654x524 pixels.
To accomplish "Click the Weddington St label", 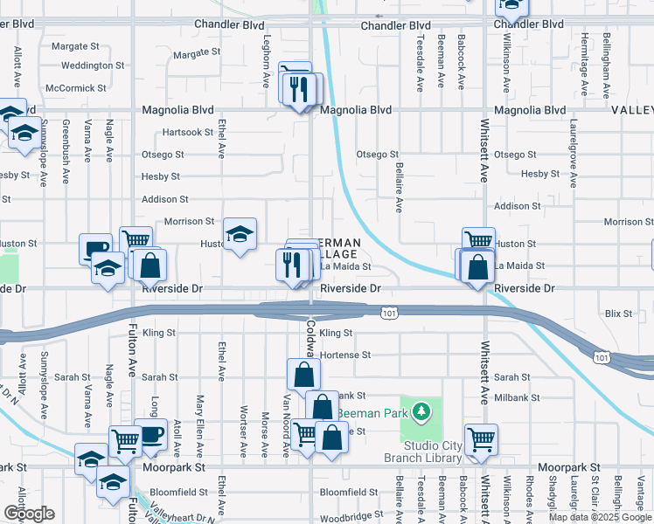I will point(93,65).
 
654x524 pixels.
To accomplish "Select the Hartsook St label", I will point(188,133).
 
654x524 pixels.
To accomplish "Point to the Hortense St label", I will point(345,355).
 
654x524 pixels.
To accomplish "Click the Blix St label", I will point(618,313).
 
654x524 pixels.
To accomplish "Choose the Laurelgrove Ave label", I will point(573,155).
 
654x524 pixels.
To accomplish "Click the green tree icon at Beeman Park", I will point(421,410).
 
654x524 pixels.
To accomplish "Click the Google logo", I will point(29,514).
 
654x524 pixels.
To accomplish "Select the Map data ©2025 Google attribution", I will point(600,516).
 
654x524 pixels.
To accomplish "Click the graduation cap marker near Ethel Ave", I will point(240,234).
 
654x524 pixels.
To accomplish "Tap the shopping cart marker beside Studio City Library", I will point(481,439).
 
